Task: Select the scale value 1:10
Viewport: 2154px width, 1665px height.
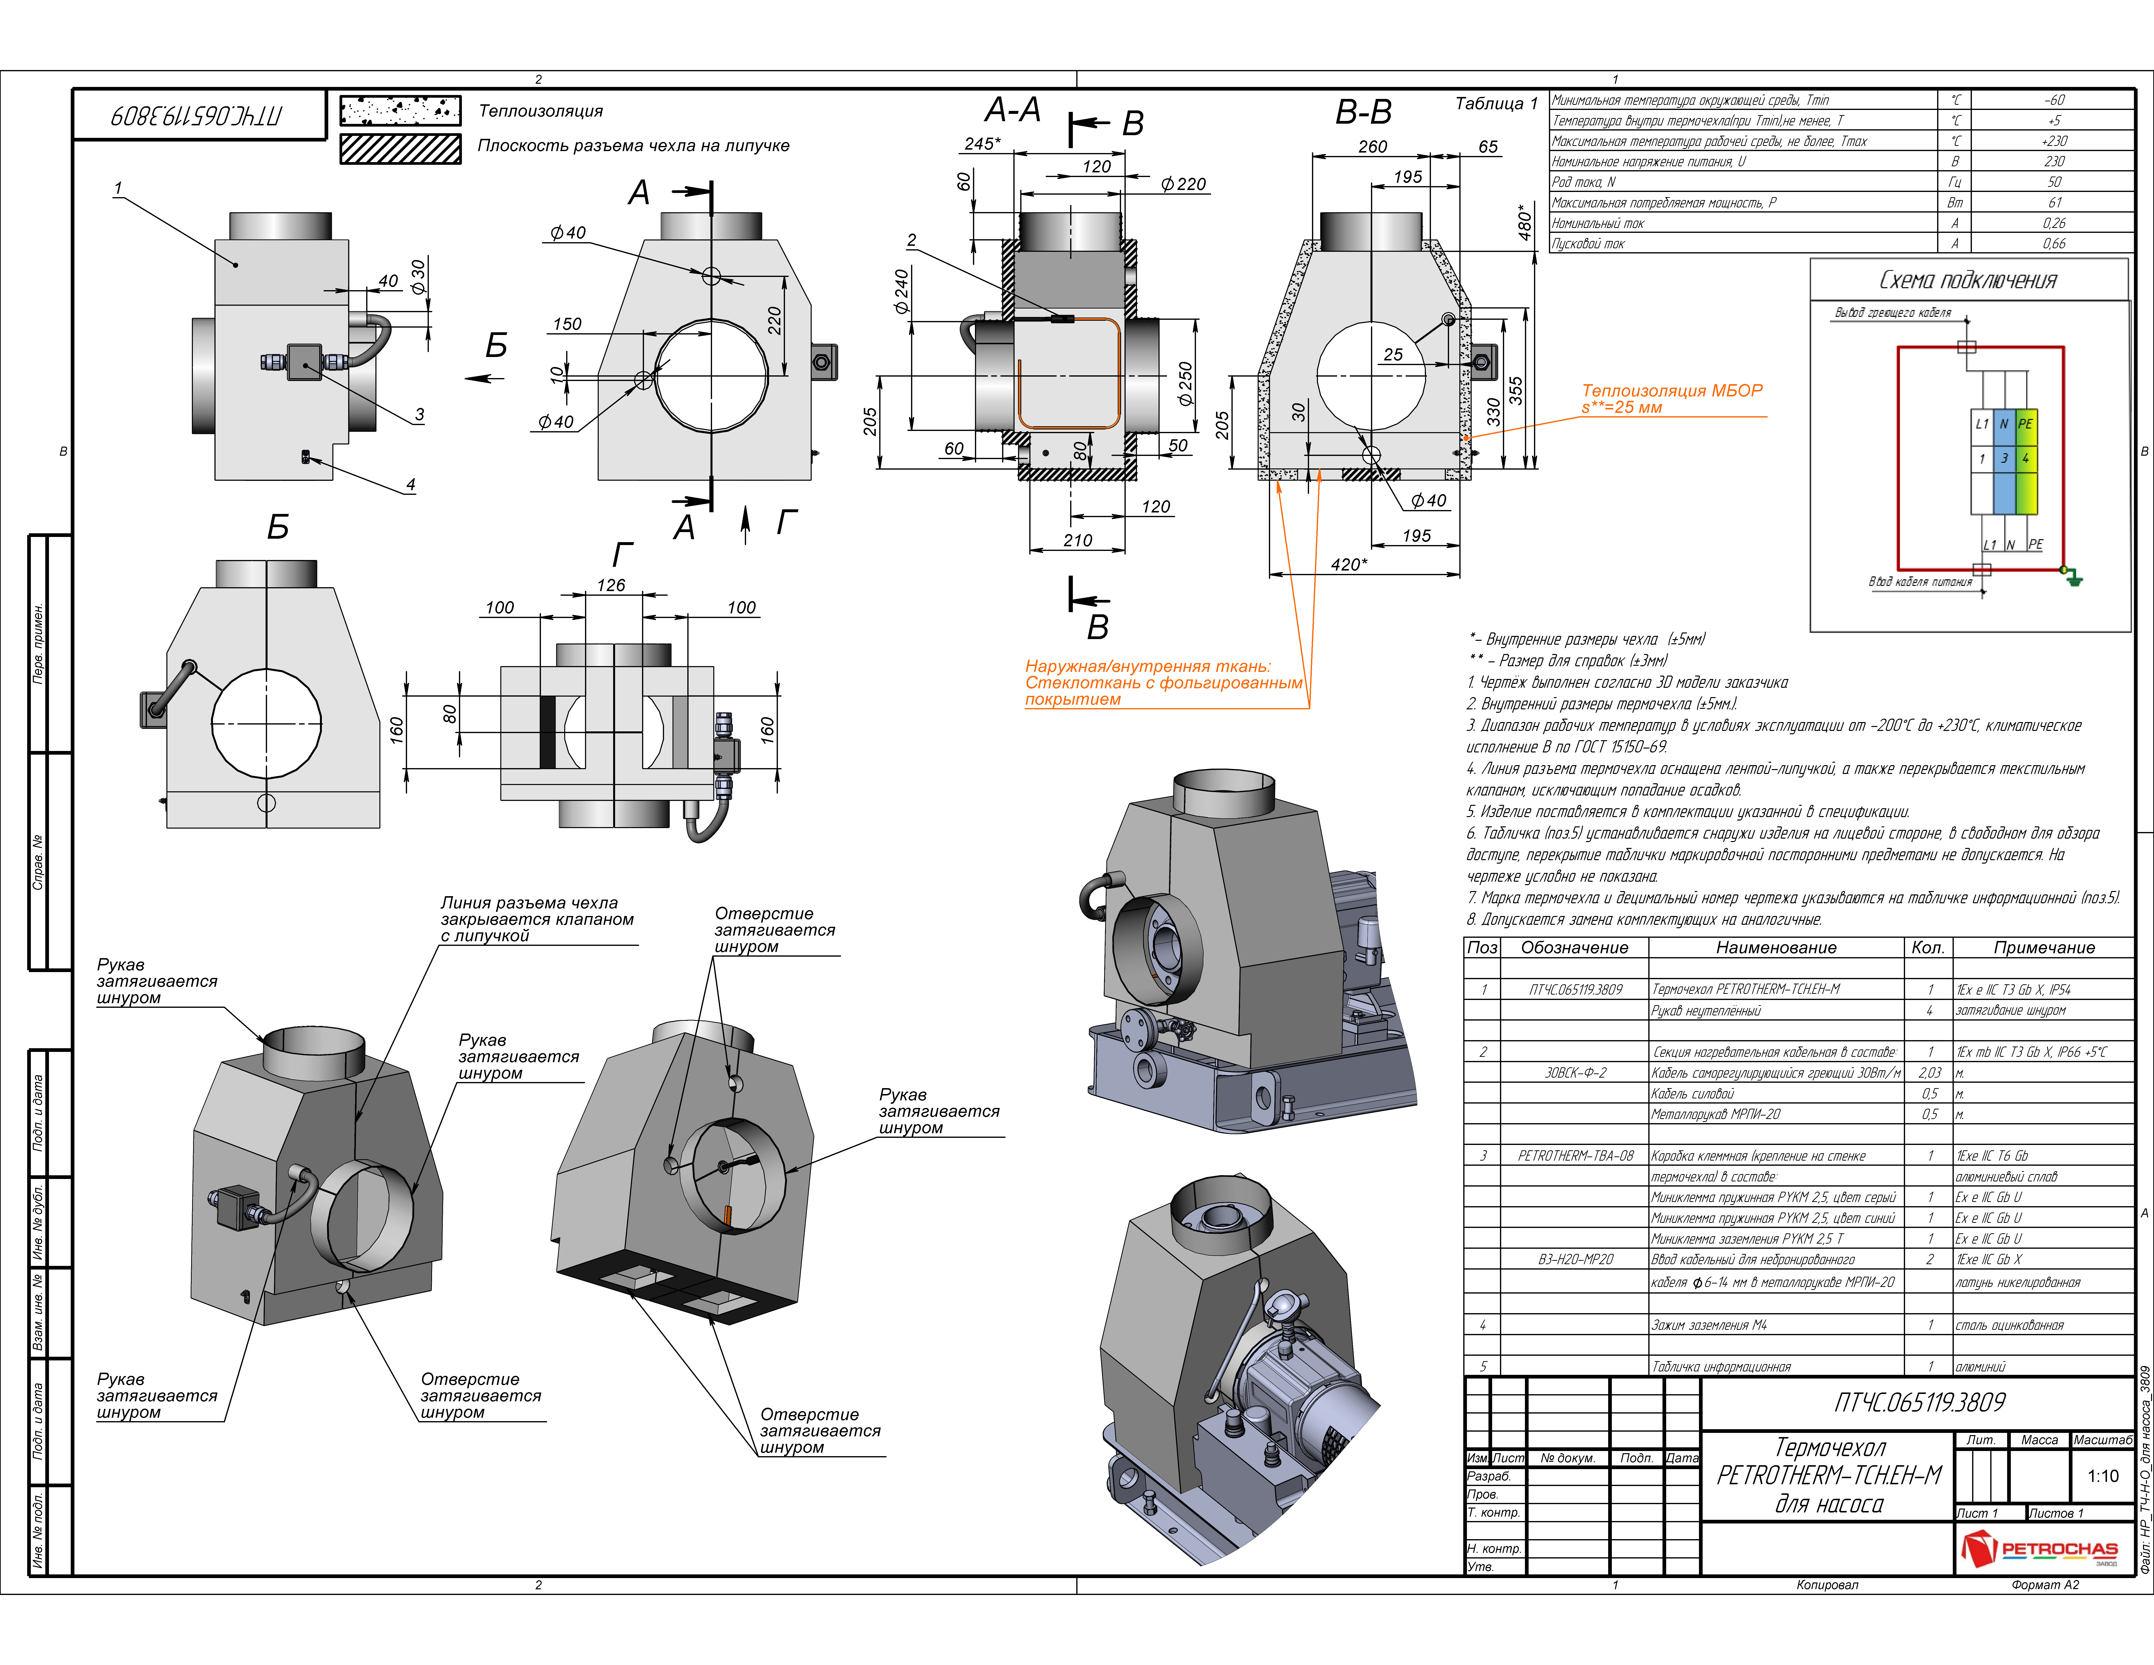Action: pyautogui.click(x=2103, y=1477)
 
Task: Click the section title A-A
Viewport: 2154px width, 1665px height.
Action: pyautogui.click(x=1013, y=109)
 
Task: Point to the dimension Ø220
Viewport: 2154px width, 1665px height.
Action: pyautogui.click(x=1183, y=184)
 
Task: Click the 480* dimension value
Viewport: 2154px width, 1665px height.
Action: pyautogui.click(x=1525, y=222)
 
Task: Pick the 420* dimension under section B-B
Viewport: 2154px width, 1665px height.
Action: pyautogui.click(x=1349, y=564)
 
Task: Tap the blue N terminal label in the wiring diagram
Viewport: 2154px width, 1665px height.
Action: pyautogui.click(x=2004, y=424)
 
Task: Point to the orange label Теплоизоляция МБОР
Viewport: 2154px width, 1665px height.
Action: pyautogui.click(x=1672, y=391)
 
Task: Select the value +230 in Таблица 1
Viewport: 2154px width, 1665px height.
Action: pyautogui.click(x=2054, y=141)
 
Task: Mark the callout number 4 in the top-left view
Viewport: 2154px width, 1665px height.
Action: pyautogui.click(x=410, y=484)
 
